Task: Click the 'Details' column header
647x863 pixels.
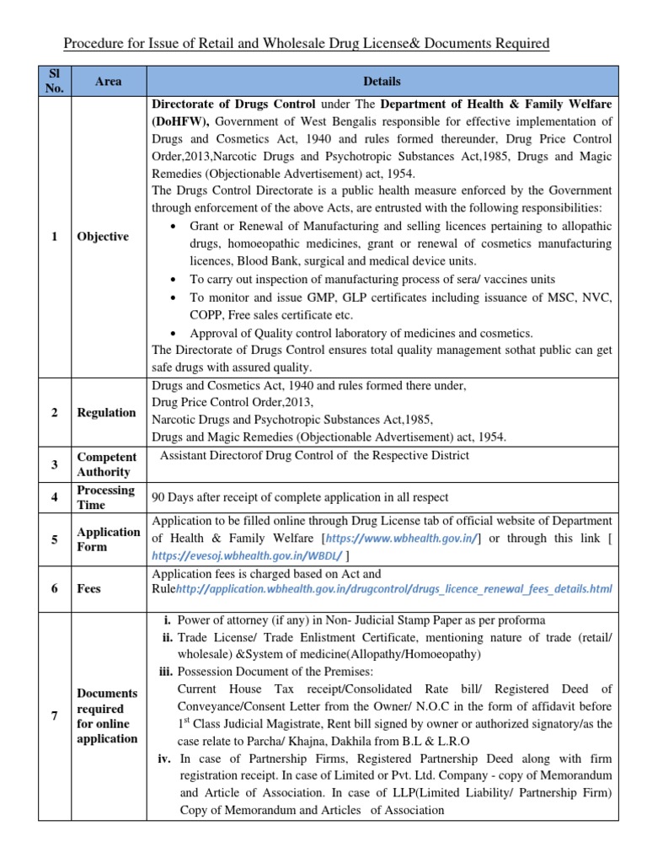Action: click(x=381, y=82)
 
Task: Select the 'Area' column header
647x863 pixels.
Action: click(x=108, y=82)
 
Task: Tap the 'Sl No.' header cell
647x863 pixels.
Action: click(x=55, y=82)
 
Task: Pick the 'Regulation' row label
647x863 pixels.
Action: click(x=106, y=412)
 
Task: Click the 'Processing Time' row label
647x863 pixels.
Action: click(x=105, y=497)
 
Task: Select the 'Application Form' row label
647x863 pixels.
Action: click(x=109, y=539)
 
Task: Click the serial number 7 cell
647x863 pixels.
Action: click(x=55, y=716)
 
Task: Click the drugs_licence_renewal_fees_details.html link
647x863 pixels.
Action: click(x=393, y=589)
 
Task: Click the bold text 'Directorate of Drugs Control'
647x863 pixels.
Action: click(x=233, y=105)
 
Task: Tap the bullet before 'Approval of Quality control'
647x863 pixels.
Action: click(x=173, y=333)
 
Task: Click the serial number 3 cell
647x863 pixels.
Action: click(x=55, y=464)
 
